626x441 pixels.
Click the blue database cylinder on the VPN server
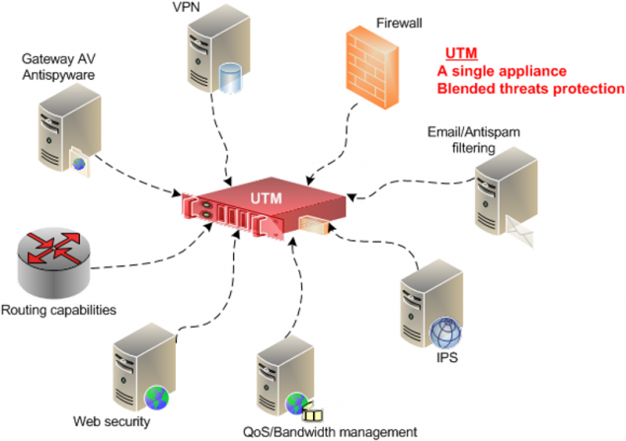point(231,78)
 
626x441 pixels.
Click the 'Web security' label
point(112,422)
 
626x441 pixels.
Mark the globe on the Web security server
point(156,398)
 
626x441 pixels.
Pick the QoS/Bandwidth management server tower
point(279,380)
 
